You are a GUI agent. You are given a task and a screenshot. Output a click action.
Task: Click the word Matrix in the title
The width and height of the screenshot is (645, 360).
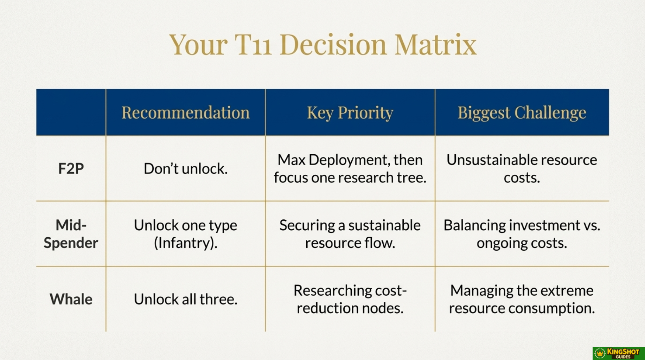435,45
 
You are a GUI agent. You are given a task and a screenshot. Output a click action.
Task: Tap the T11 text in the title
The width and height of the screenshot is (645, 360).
253,45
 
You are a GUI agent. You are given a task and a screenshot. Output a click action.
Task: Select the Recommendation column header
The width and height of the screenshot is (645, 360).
186,112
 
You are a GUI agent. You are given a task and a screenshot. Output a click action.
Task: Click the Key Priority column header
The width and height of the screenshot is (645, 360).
350,113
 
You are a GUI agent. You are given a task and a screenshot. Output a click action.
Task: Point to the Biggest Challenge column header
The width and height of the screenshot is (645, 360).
522,113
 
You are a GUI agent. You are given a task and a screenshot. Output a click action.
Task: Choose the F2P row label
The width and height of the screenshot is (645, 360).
71,169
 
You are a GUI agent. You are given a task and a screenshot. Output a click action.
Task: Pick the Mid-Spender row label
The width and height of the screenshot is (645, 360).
71,234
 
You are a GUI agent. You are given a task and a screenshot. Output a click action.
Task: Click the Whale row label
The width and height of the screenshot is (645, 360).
71,299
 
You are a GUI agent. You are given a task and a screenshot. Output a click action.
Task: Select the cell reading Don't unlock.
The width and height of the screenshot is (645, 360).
186,169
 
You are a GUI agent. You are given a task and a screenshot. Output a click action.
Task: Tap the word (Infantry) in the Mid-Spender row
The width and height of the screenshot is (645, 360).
186,243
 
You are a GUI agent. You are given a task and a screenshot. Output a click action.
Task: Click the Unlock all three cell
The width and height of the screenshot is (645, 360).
186,299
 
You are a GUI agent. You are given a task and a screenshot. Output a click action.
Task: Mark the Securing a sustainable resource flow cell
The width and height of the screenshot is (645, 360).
350,234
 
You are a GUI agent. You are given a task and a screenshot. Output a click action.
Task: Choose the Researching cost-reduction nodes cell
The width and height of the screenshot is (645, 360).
350,299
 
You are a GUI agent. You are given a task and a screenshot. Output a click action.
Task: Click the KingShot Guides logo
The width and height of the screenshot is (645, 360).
619,353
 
